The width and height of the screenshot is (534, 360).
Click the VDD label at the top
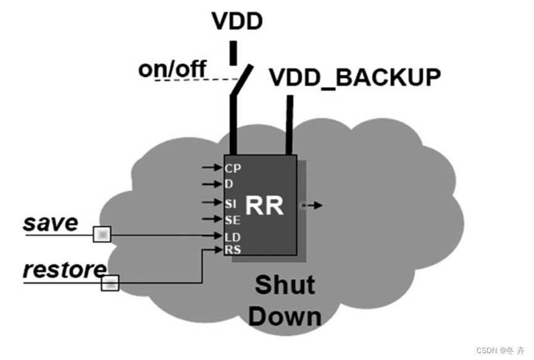(x=237, y=21)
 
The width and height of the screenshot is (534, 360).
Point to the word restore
(x=64, y=270)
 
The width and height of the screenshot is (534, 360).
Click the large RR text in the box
(x=265, y=206)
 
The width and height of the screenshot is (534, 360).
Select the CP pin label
(x=233, y=168)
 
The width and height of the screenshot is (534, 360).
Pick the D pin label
(x=230, y=184)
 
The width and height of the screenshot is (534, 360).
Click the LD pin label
(x=233, y=237)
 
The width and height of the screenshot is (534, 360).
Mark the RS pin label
(x=233, y=250)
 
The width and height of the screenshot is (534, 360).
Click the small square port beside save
(x=102, y=235)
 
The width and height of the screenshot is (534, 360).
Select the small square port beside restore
(x=110, y=283)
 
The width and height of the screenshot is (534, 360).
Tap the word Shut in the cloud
(x=285, y=285)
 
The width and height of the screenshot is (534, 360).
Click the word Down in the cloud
(x=285, y=316)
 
